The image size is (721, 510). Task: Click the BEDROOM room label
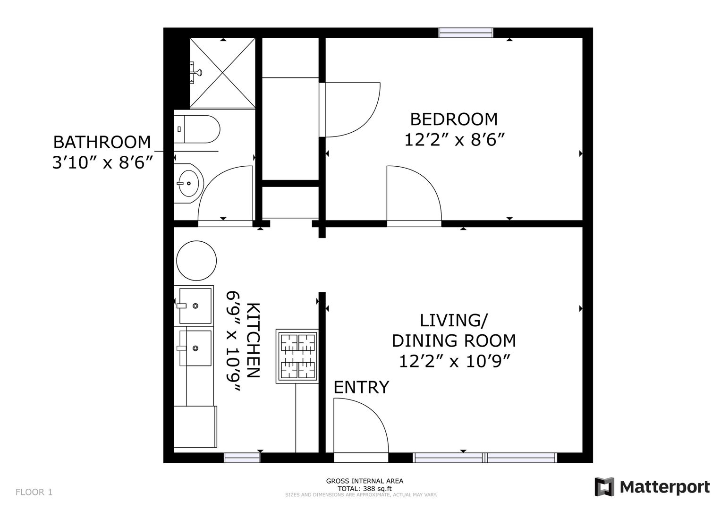tap(454, 119)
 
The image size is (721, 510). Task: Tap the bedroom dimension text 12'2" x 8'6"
tap(454, 140)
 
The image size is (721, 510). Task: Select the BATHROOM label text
tap(102, 142)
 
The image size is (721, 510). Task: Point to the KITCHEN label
tap(253, 340)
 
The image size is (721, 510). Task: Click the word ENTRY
tap(361, 387)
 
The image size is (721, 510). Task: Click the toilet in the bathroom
tap(197, 129)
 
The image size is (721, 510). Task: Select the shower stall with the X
tap(222, 73)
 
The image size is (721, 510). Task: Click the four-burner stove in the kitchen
tap(297, 356)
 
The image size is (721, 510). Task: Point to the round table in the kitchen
tap(196, 261)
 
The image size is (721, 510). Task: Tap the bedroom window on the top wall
tap(466, 33)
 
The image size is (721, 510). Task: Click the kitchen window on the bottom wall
tap(242, 458)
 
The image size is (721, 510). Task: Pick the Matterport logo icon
tap(604, 486)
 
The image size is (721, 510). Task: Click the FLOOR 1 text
tap(34, 492)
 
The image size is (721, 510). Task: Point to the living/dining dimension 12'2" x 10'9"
tap(455, 361)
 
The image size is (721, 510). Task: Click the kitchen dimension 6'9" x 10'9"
tap(233, 341)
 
